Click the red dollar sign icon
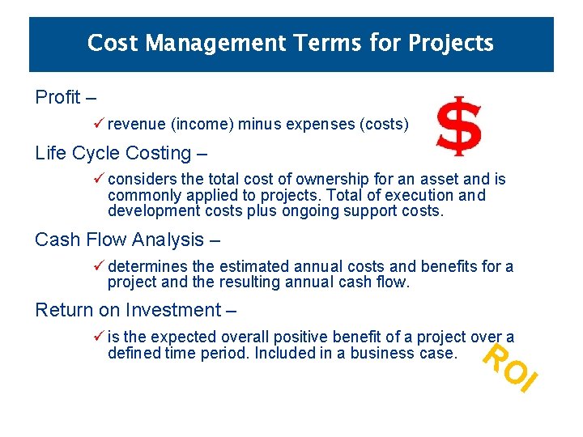(458, 126)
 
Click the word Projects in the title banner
(451, 43)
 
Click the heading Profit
(58, 98)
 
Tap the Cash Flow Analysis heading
(119, 240)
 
